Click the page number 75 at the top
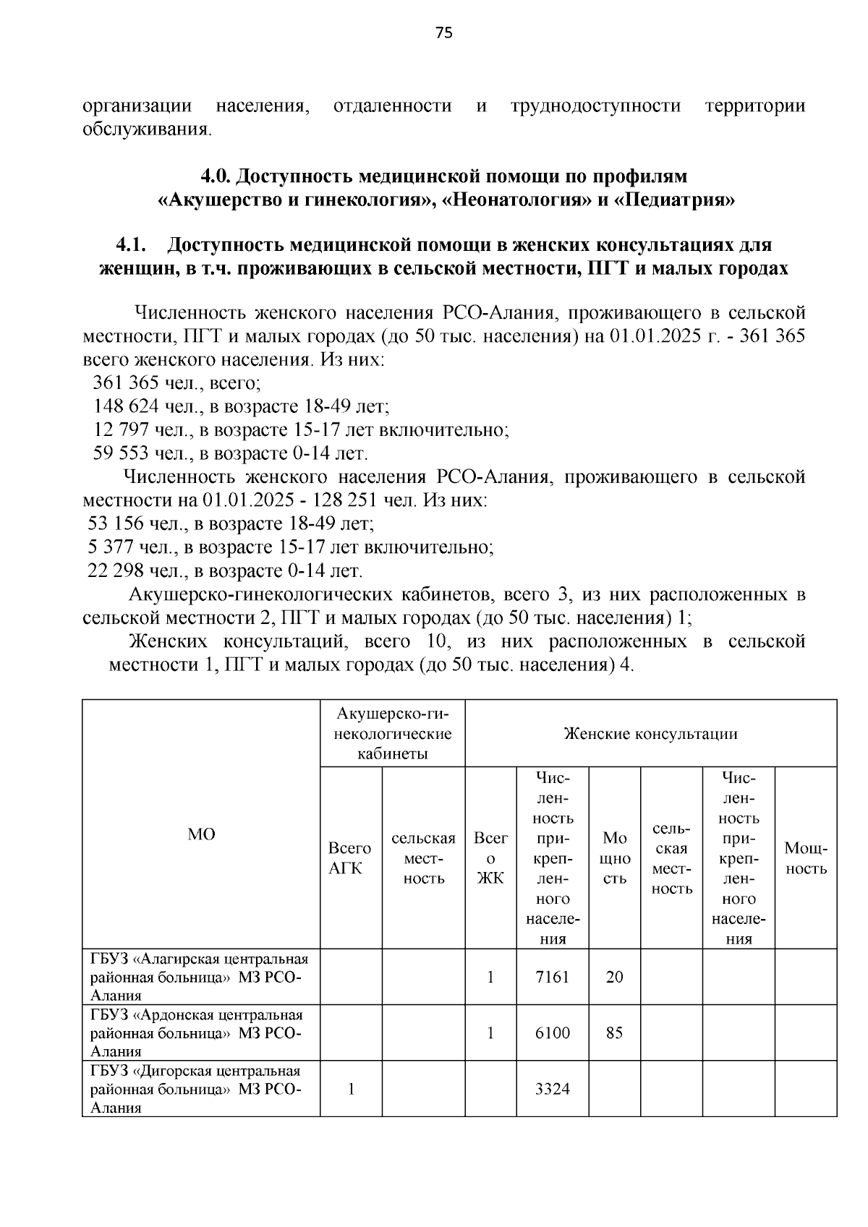[x=444, y=33]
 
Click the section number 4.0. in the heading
[x=216, y=176]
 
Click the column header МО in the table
[x=201, y=834]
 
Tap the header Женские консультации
[x=650, y=734]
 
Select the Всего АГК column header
[x=350, y=858]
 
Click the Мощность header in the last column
[x=806, y=858]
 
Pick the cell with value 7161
[x=552, y=977]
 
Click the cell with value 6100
[x=552, y=1033]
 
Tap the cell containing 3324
[x=552, y=1088]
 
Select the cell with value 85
[x=614, y=1033]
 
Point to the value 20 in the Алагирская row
[x=614, y=977]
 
